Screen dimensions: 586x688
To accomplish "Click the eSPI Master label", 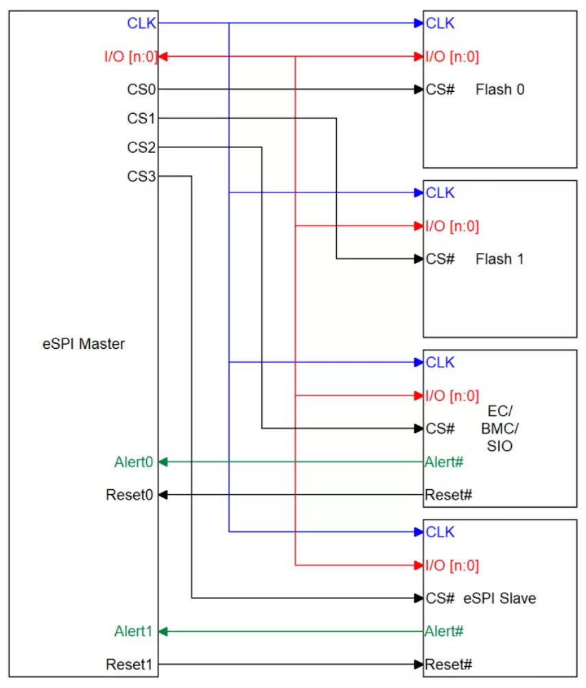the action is tap(84, 343).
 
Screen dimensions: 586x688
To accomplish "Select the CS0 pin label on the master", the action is tap(141, 90).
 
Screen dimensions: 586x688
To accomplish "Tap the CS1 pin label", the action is tap(141, 119).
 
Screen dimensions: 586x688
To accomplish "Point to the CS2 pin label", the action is tap(141, 147).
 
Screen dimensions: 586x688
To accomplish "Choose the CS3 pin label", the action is tap(141, 176).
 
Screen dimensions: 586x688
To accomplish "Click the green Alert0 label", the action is tap(134, 462).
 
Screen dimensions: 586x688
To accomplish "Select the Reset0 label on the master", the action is tap(129, 495).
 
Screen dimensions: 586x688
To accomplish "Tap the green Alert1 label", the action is tap(134, 631).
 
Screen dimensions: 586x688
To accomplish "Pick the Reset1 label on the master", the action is tap(129, 664).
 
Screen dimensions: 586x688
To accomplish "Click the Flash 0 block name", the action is tap(500, 90).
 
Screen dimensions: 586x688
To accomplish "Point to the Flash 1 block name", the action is tap(500, 259).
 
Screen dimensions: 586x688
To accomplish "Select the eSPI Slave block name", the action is tap(500, 598).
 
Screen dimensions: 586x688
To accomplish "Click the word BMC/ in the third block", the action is tap(500, 428).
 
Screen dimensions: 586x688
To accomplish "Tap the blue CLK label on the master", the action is tap(141, 23).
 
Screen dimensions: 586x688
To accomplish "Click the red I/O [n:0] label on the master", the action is tap(130, 57).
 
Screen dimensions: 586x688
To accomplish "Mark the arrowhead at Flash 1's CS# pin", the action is tap(419, 259).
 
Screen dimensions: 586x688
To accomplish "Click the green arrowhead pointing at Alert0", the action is tap(163, 462).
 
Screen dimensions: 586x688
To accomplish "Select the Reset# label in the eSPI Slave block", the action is tap(449, 664).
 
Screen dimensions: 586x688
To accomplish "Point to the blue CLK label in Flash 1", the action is tap(440, 193).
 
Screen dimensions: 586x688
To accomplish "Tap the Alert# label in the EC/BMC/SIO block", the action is tap(444, 462).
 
